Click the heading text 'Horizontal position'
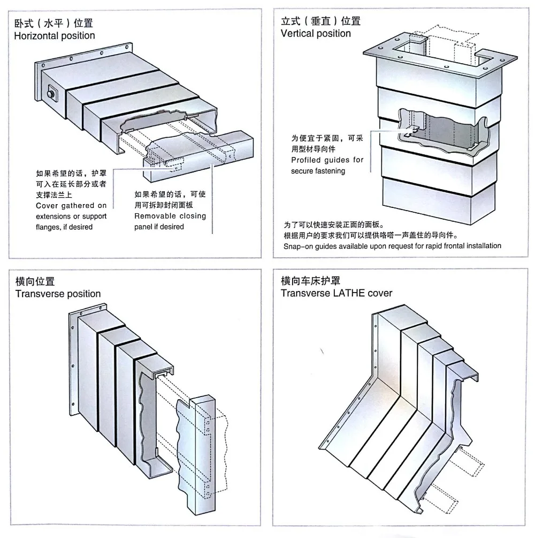[x=54, y=36]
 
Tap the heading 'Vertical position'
[x=316, y=34]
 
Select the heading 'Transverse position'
[x=58, y=294]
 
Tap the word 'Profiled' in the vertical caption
[x=307, y=160]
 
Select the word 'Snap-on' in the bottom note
[x=297, y=246]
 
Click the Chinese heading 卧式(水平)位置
[x=53, y=24]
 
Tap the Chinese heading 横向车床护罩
[x=310, y=281]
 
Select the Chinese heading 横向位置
[x=35, y=281]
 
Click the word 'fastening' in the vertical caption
[x=330, y=171]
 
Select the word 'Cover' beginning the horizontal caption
[x=46, y=206]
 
